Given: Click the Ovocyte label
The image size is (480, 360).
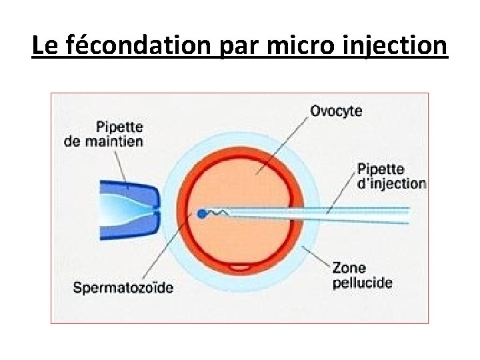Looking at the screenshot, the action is click(336, 111).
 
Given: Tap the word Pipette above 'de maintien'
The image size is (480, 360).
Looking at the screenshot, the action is click(119, 127).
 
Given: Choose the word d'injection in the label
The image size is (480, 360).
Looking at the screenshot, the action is click(391, 183).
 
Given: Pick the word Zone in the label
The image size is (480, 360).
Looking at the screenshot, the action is click(349, 268).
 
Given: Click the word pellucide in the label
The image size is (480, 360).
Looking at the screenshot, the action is click(362, 283).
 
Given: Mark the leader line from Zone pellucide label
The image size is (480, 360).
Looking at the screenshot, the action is click(316, 256).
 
